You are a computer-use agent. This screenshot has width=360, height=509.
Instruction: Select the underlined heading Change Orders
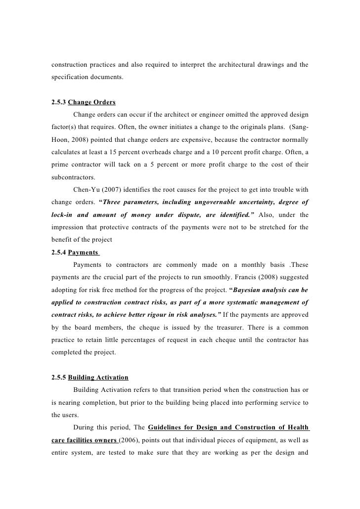pyautogui.click(x=91, y=103)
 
